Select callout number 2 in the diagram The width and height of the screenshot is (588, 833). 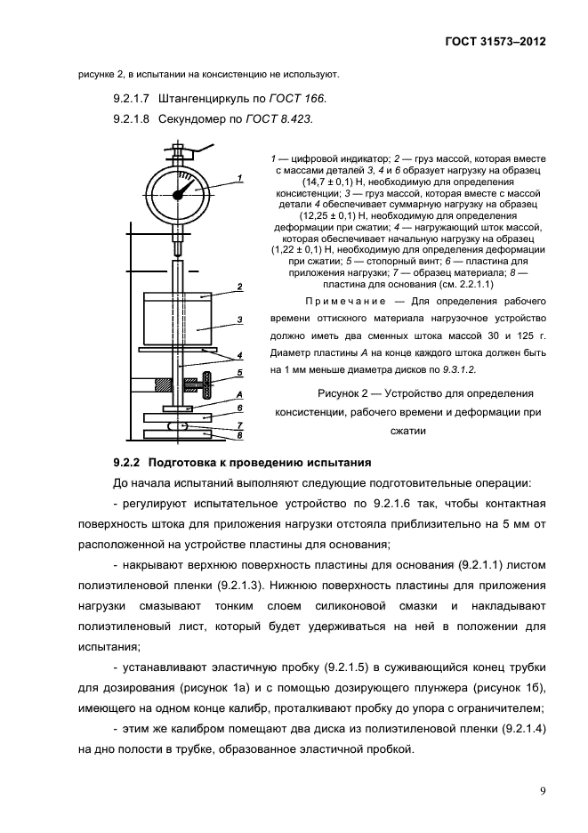coord(239,287)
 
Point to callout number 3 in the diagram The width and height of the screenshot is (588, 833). coord(239,319)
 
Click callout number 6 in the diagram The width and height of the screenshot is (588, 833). coord(239,408)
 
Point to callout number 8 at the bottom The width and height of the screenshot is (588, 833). coord(239,436)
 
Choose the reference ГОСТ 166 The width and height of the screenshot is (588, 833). coord(298,98)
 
